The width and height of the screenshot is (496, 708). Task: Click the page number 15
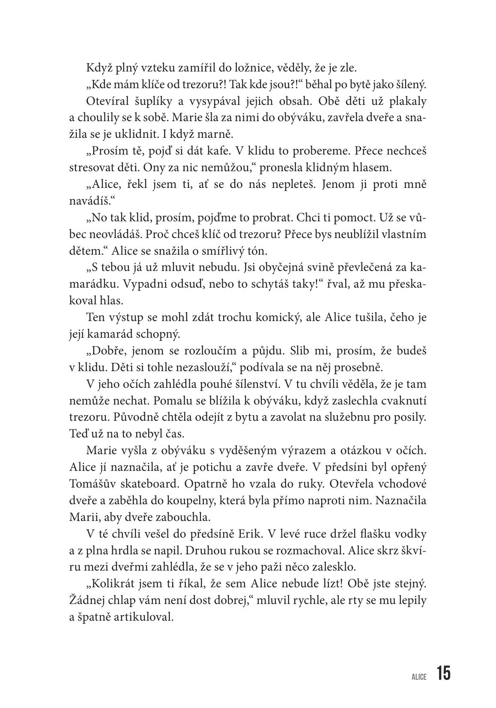(444, 673)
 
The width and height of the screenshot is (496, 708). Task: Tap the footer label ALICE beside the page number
(419, 677)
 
